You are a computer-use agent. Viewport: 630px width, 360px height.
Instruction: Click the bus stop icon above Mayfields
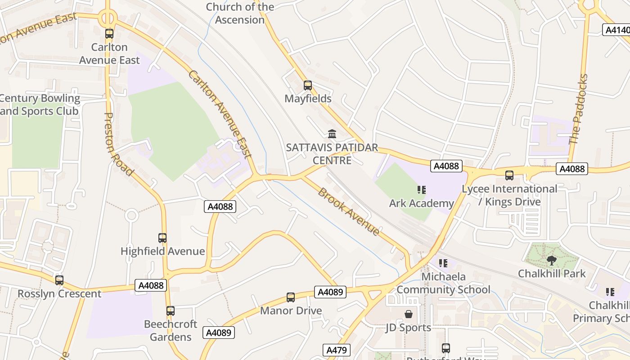(x=308, y=85)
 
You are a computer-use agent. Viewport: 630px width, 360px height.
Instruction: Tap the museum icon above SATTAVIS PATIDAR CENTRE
(x=332, y=134)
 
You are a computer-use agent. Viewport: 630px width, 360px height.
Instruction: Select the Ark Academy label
(x=421, y=203)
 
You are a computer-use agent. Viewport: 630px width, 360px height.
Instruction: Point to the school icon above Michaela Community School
(x=443, y=263)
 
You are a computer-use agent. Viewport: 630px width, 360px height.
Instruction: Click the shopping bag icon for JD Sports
(x=409, y=314)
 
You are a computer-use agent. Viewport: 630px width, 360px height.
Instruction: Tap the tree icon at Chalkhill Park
(x=551, y=260)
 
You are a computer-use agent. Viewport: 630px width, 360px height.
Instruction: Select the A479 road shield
(x=337, y=350)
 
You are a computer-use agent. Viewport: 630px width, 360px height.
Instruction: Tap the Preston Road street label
(x=118, y=144)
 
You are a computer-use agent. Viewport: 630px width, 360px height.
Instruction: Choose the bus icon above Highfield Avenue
(x=162, y=238)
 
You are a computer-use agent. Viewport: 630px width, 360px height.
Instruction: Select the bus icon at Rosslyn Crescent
(x=59, y=280)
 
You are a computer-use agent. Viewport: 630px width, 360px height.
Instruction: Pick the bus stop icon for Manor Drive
(x=291, y=297)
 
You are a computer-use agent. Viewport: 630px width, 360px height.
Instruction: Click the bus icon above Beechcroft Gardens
(x=171, y=310)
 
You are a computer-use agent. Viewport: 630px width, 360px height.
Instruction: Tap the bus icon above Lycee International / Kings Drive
(x=509, y=175)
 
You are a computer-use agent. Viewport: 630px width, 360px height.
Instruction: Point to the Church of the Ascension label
(x=240, y=13)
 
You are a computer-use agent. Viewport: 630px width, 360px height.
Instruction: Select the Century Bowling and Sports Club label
(x=40, y=104)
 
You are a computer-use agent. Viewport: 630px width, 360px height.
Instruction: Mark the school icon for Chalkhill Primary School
(x=610, y=292)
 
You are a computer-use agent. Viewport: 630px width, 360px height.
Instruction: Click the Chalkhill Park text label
(x=552, y=274)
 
